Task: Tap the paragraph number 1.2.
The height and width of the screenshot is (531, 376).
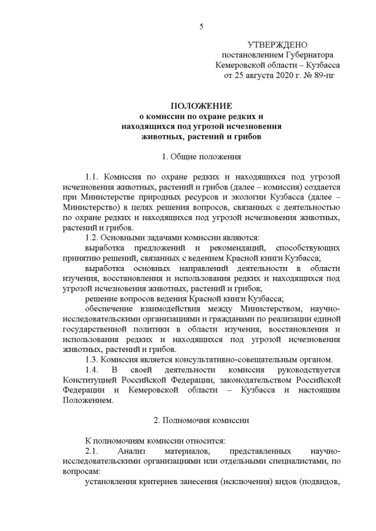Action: pyautogui.click(x=93, y=238)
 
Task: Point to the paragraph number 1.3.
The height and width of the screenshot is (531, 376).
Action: pyautogui.click(x=93, y=359)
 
